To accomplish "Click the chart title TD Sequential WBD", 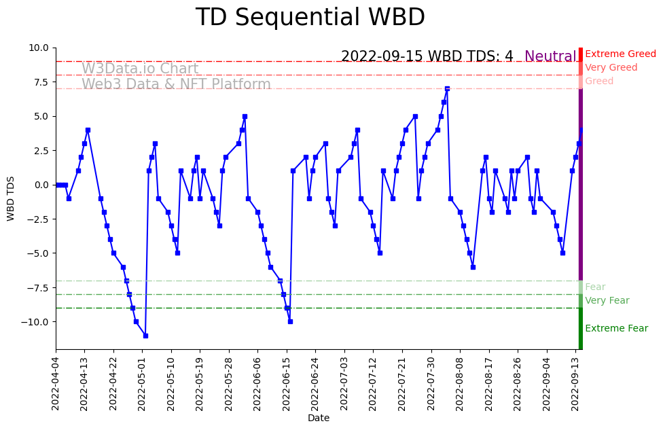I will tap(310, 18).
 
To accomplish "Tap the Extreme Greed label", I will tap(620, 54).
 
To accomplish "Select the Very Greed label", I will tap(611, 68).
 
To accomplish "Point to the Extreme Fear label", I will tap(616, 329).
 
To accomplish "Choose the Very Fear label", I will tap(607, 301).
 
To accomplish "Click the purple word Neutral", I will tap(550, 57).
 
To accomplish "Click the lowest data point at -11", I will tap(145, 336).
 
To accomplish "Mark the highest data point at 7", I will tap(447, 88).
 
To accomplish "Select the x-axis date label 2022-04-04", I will tap(56, 382).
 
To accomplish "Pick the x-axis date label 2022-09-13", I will tap(575, 382).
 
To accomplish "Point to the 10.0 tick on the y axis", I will tap(39, 48).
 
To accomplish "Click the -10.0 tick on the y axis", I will tap(35, 322).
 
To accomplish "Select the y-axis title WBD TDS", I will tap(11, 198).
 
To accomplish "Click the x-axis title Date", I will tap(319, 418).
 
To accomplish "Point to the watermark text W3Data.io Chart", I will tap(140, 69).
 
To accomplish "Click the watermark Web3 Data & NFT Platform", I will tap(176, 85).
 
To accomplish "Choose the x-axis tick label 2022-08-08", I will tap(460, 382).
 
